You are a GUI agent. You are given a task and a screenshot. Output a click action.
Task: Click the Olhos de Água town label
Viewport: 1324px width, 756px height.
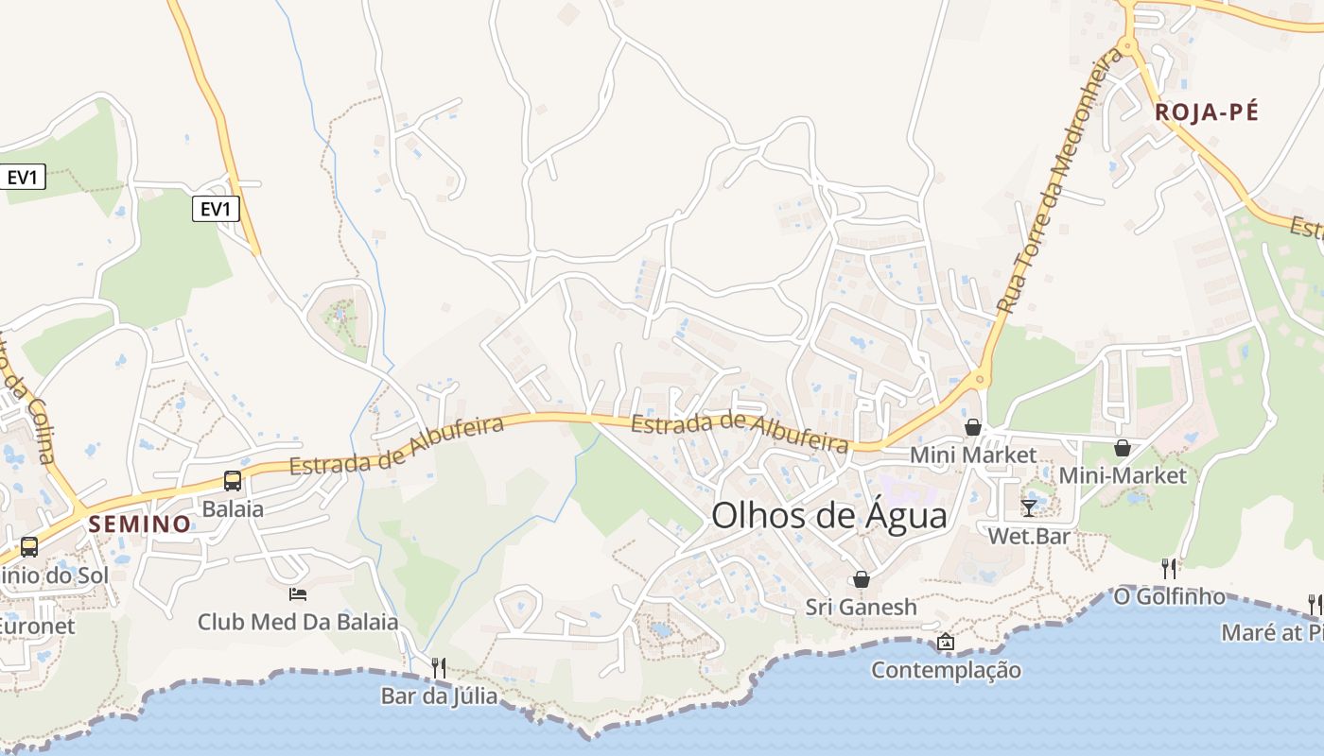tap(828, 516)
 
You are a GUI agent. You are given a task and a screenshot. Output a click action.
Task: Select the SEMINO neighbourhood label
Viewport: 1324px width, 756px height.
tap(140, 524)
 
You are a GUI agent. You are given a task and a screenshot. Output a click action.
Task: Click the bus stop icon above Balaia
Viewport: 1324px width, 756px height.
tap(233, 480)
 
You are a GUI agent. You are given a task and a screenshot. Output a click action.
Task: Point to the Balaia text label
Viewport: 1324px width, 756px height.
tap(233, 508)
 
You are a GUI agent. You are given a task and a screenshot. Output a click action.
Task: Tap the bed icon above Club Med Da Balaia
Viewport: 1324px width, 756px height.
tap(297, 593)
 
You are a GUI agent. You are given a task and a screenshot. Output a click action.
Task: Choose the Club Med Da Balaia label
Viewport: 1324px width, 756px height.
tap(298, 622)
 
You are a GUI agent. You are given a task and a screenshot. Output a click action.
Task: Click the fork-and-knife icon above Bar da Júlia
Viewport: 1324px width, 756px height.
tap(438, 667)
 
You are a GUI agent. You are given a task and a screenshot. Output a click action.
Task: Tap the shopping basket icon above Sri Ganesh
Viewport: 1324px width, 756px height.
tap(862, 578)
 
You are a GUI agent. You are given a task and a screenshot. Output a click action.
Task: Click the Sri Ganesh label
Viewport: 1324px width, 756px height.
tap(862, 607)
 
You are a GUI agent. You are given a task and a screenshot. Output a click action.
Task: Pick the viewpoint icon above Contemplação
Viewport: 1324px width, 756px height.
tap(945, 642)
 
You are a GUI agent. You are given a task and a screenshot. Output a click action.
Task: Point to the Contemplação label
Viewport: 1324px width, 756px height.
tap(946, 670)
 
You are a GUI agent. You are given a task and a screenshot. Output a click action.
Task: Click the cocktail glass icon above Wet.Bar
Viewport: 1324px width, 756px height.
tap(1029, 507)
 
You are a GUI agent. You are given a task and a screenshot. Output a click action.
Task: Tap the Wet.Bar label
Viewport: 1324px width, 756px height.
tap(1029, 536)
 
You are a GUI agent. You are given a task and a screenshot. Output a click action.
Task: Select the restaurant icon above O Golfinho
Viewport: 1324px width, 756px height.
tap(1169, 568)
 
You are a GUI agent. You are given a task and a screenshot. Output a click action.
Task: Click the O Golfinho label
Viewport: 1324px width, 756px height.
tap(1169, 596)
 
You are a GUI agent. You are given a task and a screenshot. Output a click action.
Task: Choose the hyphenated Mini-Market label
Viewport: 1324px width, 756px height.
tap(1123, 475)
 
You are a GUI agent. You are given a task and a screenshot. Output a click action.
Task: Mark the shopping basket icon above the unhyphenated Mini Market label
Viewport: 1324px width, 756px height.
tap(972, 427)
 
